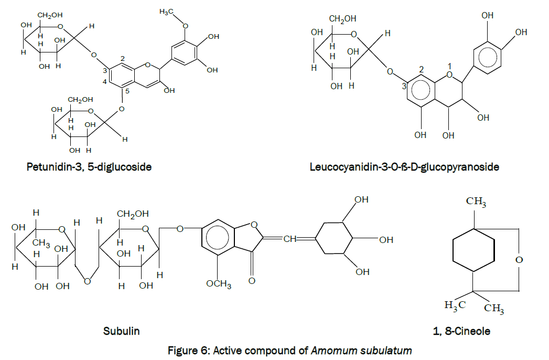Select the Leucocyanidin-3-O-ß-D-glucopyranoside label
coord(404,167)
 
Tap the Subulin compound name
coord(122,331)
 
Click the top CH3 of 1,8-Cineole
coord(476,202)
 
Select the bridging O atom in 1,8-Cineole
coord(519,260)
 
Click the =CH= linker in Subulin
coord(290,239)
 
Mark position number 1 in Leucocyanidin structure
coord(449,65)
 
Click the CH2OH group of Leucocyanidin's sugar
coord(342,19)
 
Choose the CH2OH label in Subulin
coord(132,214)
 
